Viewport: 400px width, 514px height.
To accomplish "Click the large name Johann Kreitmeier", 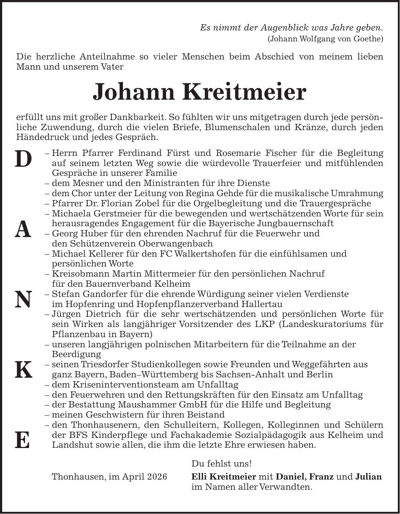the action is pos(200,92).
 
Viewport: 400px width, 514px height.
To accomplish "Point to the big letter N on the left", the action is pos(23,300).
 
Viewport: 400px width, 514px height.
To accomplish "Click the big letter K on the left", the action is pos(23,370).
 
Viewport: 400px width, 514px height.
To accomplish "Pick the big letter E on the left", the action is pos(23,440).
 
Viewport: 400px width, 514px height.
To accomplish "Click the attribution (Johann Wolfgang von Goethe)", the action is pos(325,39).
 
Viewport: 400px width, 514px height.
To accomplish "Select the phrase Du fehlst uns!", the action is pos(221,464).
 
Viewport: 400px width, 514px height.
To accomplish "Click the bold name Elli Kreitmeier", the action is pos(223,476).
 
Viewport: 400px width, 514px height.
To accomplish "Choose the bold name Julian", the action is pos(368,476).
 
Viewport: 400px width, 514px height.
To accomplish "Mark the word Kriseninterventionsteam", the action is pos(123,384).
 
